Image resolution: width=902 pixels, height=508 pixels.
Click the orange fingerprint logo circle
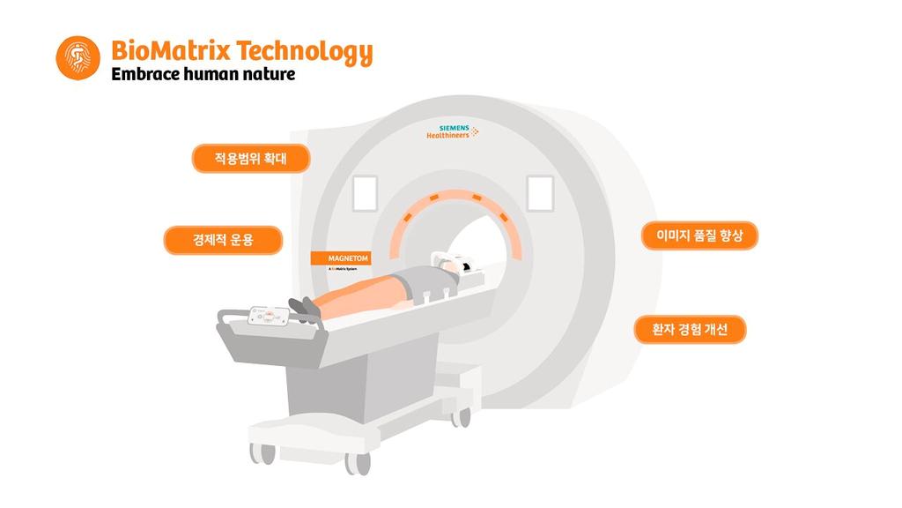tap(78, 58)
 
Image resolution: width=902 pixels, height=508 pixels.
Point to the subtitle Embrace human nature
tap(203, 75)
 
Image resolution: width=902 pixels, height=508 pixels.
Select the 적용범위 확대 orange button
tap(251, 159)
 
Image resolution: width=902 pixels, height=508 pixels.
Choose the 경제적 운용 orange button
tap(223, 240)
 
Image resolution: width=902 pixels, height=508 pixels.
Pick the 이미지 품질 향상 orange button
tap(700, 235)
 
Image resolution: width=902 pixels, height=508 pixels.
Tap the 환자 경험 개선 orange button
tap(690, 330)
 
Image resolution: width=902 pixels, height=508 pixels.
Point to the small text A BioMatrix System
tap(347, 270)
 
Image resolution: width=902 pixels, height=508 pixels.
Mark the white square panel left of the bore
tap(365, 193)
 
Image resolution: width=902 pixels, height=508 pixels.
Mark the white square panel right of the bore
tap(539, 193)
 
